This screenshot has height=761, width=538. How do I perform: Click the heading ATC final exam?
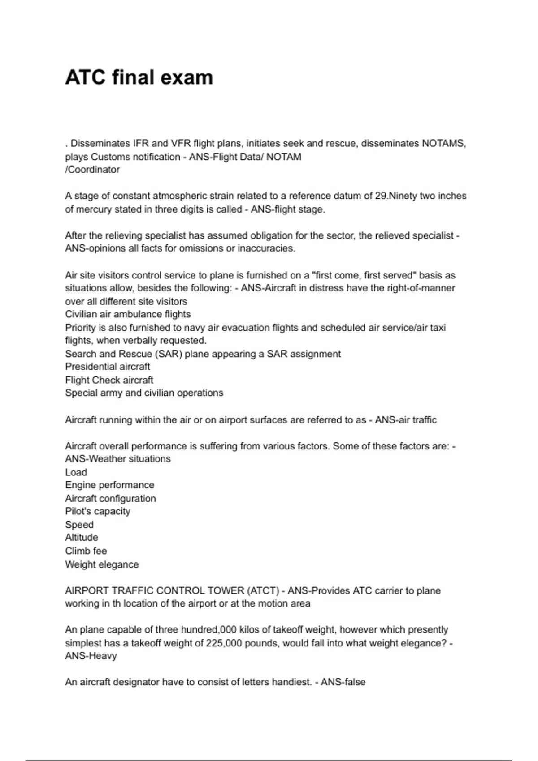(x=139, y=77)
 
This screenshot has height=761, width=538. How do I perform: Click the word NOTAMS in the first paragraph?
(x=443, y=144)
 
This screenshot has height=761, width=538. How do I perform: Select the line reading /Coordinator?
(x=92, y=170)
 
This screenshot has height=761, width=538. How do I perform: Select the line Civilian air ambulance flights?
(x=128, y=314)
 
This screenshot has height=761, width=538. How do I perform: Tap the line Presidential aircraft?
(x=108, y=367)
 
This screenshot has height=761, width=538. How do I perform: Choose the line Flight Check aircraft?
(x=109, y=380)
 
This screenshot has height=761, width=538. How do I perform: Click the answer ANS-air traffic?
(x=405, y=420)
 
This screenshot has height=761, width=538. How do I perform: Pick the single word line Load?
(x=76, y=472)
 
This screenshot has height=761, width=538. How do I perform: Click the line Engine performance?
(x=109, y=485)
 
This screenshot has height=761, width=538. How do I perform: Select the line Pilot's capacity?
(x=98, y=511)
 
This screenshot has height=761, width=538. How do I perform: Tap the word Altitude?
(x=82, y=538)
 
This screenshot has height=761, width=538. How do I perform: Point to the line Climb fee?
(x=86, y=551)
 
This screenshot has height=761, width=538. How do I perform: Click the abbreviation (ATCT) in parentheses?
(x=263, y=591)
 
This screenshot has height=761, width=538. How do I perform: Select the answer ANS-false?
(x=343, y=682)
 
